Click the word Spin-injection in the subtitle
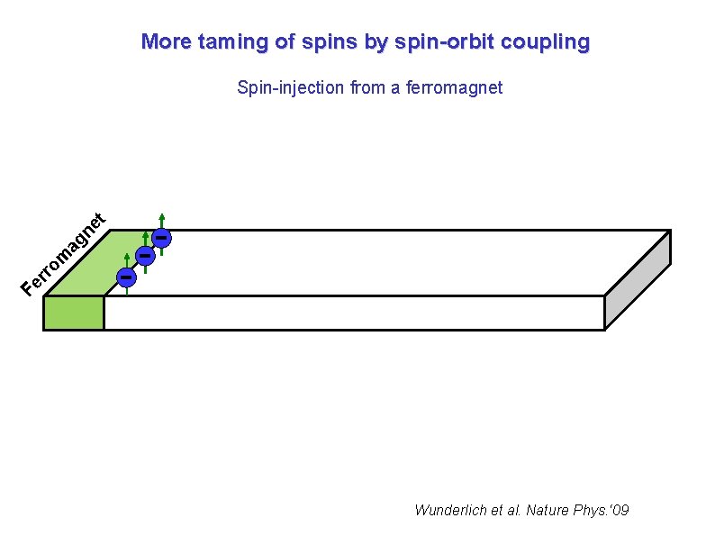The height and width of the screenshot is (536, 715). coord(285,87)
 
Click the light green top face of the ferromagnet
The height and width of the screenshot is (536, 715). coord(86,265)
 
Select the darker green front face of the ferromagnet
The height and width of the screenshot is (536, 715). coord(74,313)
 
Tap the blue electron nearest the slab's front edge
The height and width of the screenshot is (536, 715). coord(127,275)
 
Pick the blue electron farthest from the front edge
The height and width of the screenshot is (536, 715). coord(161,237)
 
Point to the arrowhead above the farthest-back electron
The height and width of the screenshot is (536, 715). coord(161,216)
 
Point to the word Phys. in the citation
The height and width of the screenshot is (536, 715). coord(584,510)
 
